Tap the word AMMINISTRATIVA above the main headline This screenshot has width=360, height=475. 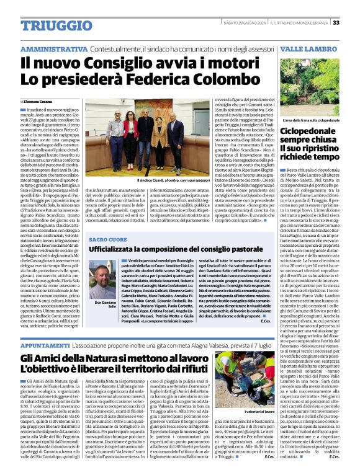point(53,48)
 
